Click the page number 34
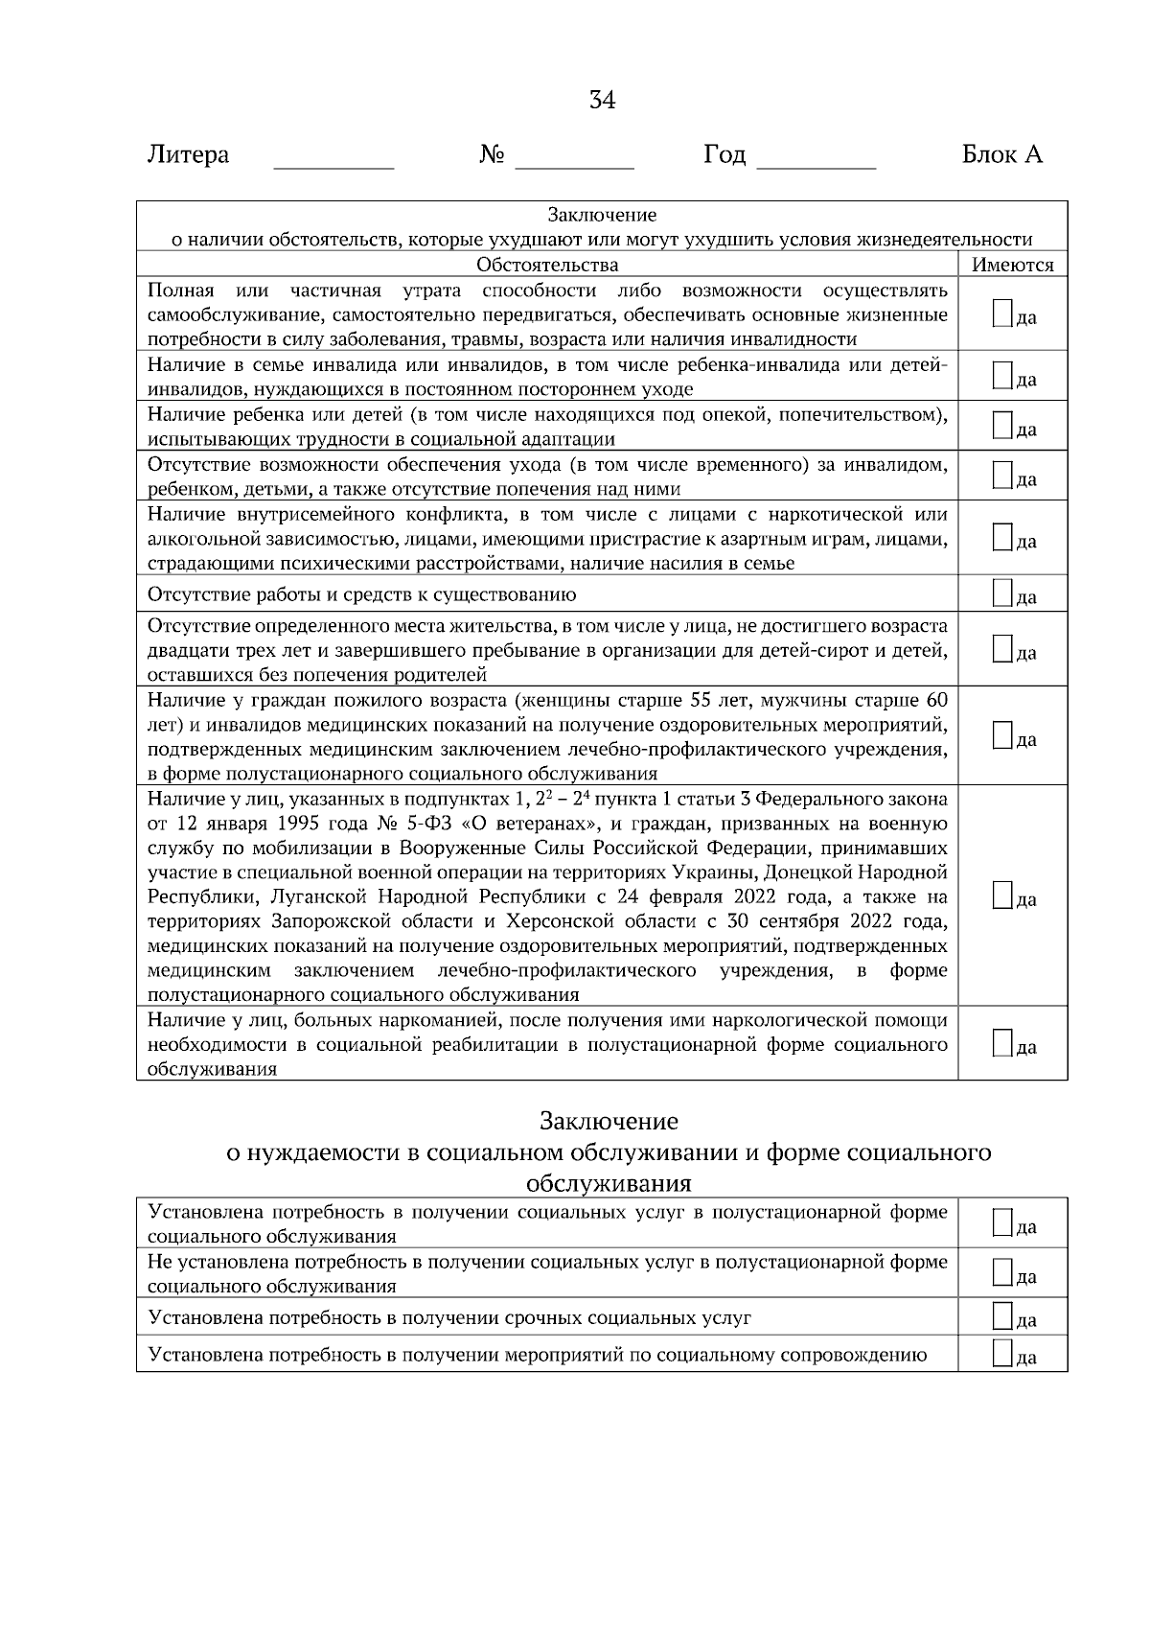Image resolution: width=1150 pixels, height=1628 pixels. (602, 101)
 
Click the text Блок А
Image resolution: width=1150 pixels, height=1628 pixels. (1001, 154)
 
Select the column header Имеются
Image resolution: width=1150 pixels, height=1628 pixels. (1012, 266)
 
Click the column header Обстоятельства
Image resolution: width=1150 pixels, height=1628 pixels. (547, 265)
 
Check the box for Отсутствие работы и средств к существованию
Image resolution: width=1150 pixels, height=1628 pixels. (1002, 593)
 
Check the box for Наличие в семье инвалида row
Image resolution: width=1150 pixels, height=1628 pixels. (1002, 376)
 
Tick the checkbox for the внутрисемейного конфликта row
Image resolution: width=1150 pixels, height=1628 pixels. (1002, 538)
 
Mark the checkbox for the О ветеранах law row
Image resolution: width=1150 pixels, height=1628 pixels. (1002, 896)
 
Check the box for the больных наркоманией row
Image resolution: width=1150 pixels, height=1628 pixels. (1002, 1043)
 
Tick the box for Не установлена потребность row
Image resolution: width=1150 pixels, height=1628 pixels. (1002, 1272)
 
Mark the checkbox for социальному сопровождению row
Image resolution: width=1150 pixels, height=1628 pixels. (1002, 1353)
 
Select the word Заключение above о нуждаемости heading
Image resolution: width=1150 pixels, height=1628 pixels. (609, 1121)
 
